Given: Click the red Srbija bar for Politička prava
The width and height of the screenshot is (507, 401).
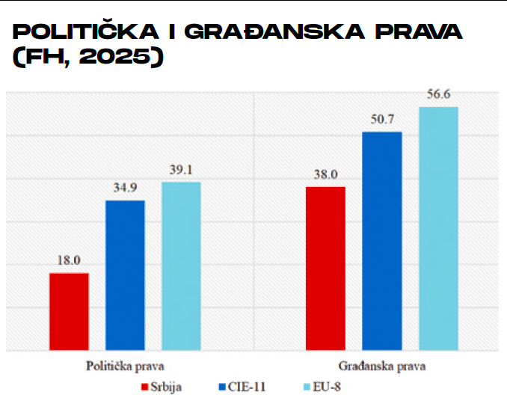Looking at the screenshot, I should [69, 311].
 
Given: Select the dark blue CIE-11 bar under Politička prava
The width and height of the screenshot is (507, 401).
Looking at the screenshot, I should [125, 275].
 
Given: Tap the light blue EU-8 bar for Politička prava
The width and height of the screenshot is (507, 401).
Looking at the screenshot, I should [181, 266].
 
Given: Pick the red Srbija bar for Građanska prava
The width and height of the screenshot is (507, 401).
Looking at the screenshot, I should [325, 268].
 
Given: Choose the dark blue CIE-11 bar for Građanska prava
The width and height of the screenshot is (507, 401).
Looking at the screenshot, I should [381, 240].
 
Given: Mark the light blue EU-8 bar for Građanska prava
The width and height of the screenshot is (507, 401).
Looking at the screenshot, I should [437, 228].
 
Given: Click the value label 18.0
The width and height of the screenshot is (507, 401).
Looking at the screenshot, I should [69, 262].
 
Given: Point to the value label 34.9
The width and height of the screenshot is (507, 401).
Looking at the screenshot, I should [125, 189].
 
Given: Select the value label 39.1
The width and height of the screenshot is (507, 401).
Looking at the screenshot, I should [181, 170].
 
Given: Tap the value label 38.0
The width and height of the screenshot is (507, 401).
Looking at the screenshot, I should [325, 174].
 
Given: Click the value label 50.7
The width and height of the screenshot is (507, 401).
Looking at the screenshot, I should [381, 120].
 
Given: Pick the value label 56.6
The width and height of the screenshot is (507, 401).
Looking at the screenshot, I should [437, 95].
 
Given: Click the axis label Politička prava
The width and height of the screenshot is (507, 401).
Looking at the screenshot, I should [125, 367].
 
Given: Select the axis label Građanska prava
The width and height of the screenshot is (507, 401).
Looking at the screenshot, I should [381, 367].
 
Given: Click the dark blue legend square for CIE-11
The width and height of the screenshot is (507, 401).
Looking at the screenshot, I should [221, 387].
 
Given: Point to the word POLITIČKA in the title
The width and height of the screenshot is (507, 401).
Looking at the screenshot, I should [82, 33].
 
